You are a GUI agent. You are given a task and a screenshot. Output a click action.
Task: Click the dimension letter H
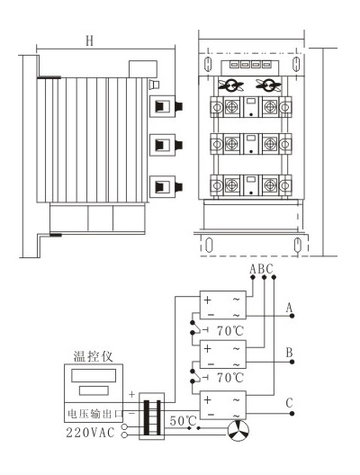coord(89,40)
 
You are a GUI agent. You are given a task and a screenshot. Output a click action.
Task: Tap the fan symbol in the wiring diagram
coord(238,430)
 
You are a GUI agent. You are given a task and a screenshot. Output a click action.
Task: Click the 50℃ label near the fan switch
coord(184,421)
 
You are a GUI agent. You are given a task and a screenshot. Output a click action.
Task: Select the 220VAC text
coord(90,433)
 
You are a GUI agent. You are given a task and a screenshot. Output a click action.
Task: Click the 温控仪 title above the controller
coord(94,356)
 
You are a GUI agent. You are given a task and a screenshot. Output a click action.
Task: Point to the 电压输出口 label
coord(94,413)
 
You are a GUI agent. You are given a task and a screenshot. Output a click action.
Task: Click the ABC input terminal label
coord(261,269)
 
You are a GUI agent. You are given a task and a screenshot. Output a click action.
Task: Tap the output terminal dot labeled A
coord(292,316)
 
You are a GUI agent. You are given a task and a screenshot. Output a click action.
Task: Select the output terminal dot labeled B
coord(292,362)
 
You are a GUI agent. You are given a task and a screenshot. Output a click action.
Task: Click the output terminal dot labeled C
coord(292,414)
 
